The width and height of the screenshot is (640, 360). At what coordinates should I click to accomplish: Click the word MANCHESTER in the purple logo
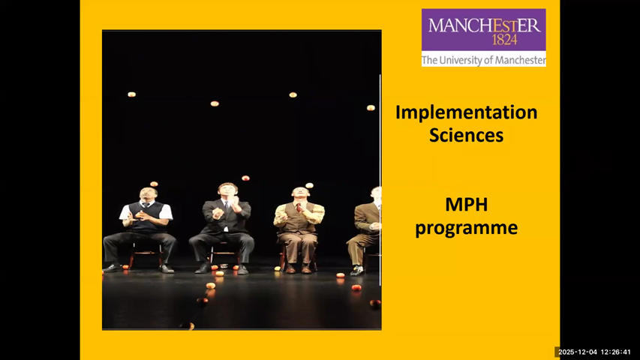pyautogui.click(x=483, y=25)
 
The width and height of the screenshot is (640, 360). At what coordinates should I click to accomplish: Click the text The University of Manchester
pyautogui.click(x=483, y=60)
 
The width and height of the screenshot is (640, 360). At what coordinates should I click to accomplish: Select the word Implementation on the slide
pyautogui.click(x=466, y=112)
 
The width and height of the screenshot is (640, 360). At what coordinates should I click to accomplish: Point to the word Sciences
pyautogui.click(x=466, y=136)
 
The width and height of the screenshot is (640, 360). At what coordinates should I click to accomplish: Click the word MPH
pyautogui.click(x=466, y=204)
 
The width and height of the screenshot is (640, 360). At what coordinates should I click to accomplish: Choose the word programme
pyautogui.click(x=466, y=227)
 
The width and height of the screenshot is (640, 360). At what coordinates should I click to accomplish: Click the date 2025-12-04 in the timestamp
pyautogui.click(x=577, y=352)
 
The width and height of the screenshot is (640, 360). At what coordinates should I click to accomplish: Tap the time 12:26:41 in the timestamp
pyautogui.click(x=615, y=352)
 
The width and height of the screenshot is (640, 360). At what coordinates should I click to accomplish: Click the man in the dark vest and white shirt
pyautogui.click(x=144, y=225)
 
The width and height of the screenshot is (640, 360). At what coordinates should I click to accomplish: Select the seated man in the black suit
pyautogui.click(x=223, y=225)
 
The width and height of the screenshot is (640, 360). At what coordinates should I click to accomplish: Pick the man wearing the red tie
pyautogui.click(x=299, y=225)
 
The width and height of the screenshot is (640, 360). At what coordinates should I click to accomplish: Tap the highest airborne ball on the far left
pyautogui.click(x=131, y=94)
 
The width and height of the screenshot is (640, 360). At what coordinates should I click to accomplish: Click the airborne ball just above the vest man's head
pyautogui.click(x=154, y=184)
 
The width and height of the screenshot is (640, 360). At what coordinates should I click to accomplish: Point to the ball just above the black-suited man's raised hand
pyautogui.click(x=245, y=178)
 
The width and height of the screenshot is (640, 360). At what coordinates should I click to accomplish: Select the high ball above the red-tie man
pyautogui.click(x=293, y=94)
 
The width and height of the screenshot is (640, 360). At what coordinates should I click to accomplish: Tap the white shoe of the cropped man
pyautogui.click(x=358, y=270)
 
